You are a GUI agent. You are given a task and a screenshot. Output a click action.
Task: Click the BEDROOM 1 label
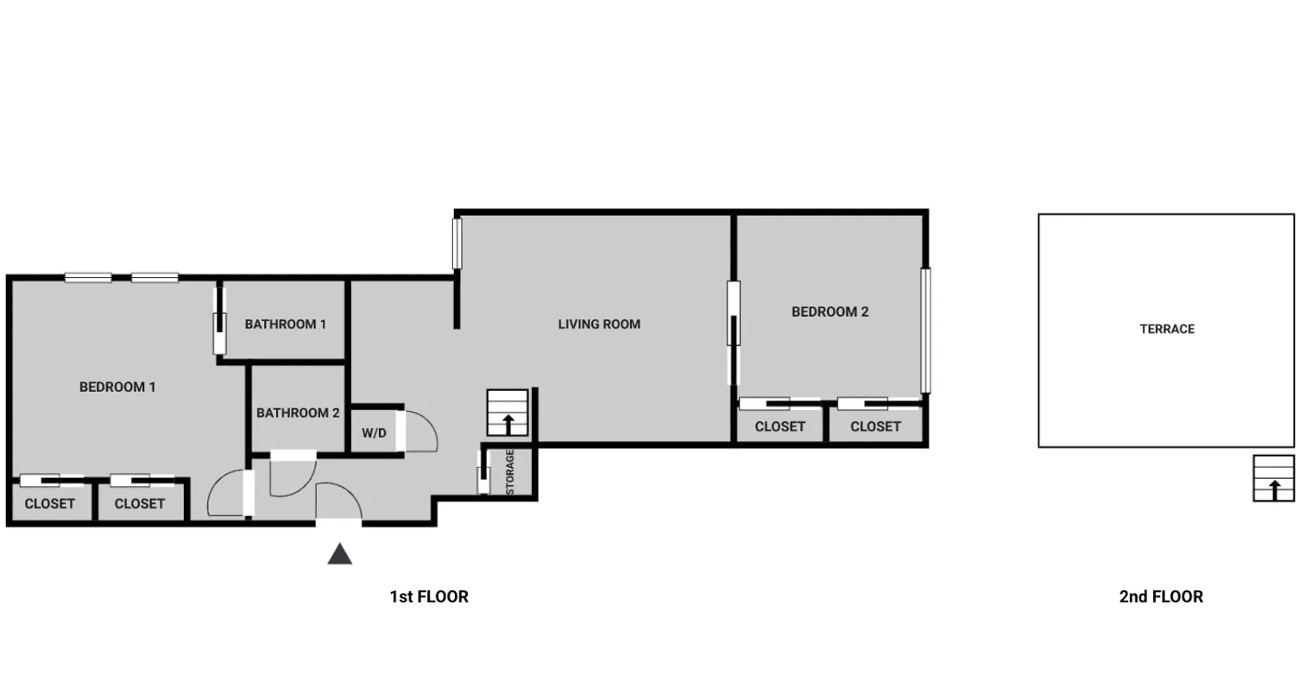coord(117,387)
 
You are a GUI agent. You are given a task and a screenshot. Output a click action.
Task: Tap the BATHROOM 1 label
coord(285,325)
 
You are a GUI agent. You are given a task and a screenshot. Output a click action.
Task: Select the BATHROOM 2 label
coord(298,413)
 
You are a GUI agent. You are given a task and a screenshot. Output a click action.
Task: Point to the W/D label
coord(374,433)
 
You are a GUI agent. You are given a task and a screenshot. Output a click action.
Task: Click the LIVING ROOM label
coord(599,325)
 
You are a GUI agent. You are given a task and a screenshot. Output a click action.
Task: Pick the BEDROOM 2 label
coord(829,312)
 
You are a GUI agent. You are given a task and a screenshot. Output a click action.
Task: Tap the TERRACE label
coord(1167,329)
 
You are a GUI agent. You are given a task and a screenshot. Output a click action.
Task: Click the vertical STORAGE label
coord(509,471)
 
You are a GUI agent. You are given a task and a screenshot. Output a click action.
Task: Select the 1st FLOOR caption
coord(429,596)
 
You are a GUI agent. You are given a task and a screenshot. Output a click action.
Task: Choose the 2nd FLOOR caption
coord(1160,596)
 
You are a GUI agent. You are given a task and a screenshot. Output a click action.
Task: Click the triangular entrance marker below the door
coord(340,554)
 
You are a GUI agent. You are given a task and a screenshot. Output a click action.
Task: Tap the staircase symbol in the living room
coord(508,413)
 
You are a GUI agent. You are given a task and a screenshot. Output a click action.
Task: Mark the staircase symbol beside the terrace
coord(1273,478)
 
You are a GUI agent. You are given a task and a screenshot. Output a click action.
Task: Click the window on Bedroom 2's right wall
coord(925,331)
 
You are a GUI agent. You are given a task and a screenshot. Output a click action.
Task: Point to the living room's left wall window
coord(457,243)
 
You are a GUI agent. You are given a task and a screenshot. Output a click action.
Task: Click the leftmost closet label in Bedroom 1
coord(49,503)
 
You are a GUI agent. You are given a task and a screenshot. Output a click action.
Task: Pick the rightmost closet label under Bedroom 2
coord(875,426)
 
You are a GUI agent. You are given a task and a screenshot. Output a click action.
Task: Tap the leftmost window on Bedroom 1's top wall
coord(88,278)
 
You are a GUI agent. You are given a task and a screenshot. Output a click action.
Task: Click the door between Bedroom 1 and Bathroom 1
coord(219,321)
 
